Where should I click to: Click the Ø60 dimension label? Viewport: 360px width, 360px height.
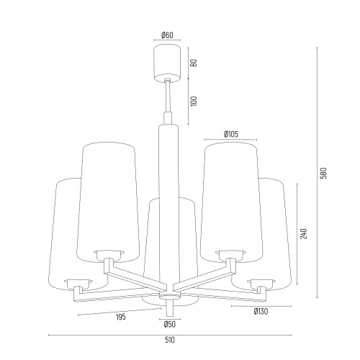(167, 35)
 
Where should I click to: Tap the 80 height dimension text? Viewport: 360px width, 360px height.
(194, 63)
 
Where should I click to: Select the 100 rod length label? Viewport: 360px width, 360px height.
(194, 102)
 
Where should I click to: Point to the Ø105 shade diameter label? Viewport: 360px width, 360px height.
(231, 134)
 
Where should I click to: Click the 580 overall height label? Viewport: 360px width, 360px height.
(324, 173)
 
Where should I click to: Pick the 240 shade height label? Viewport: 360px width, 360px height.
(304, 234)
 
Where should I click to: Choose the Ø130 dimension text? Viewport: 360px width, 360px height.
(261, 312)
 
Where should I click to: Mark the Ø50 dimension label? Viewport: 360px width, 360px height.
(170, 325)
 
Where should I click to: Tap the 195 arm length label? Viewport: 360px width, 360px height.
(121, 317)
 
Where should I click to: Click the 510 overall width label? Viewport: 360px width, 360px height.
(170, 340)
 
